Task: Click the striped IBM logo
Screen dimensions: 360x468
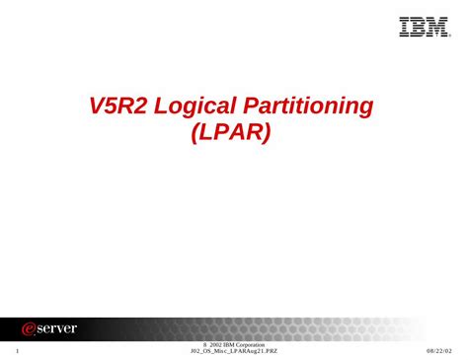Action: pos(423,27)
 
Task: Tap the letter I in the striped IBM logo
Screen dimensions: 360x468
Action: pos(405,27)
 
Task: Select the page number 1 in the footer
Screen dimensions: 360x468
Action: pos(19,350)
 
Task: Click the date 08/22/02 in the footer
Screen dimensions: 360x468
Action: pos(439,350)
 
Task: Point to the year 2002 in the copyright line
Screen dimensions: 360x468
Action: pos(213,343)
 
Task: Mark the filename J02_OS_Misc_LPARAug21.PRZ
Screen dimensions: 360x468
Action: pos(234,351)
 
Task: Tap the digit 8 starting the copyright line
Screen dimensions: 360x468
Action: pos(202,343)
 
